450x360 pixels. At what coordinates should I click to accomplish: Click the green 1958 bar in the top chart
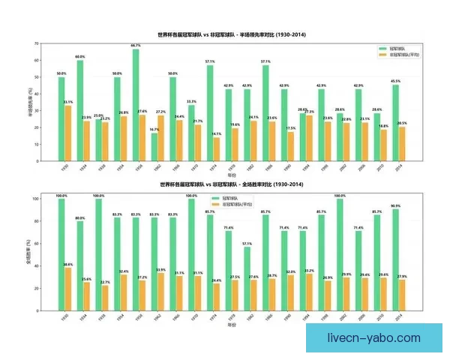point(136,106)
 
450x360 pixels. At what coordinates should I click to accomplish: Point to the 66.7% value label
point(136,46)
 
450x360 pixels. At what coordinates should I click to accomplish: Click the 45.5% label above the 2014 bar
point(395,81)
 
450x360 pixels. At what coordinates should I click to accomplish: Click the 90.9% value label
point(395,205)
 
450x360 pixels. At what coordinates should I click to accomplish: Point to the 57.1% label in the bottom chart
point(247,244)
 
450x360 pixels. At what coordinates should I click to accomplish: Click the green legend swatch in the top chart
point(382,49)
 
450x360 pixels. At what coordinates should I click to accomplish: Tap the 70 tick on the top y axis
point(36,43)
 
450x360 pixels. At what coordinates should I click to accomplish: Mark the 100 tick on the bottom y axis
point(34,199)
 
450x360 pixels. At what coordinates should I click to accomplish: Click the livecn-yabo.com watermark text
point(375,338)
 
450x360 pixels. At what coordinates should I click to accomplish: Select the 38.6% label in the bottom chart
point(68,265)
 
